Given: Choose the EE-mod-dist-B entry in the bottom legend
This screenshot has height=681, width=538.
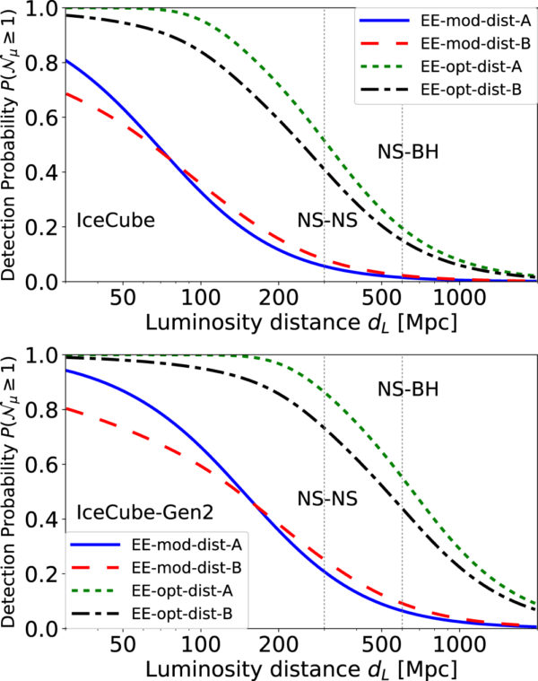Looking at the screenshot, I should coord(166,568).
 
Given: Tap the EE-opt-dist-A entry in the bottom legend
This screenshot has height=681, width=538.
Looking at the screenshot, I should coord(166,592).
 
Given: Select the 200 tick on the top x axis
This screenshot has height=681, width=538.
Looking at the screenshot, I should coord(277,296).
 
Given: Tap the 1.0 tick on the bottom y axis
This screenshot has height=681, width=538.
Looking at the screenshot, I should coord(42,355).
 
